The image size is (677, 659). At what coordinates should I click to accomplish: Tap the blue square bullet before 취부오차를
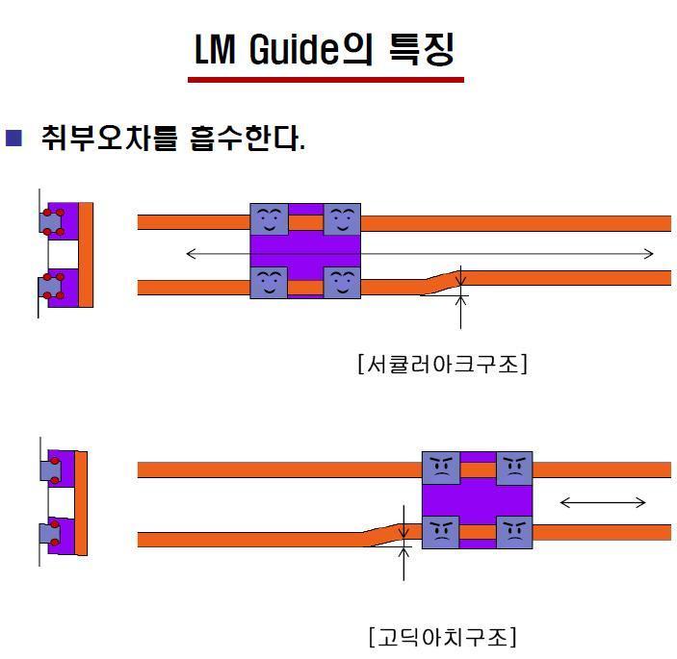13,137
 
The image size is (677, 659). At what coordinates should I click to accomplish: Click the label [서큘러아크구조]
442,364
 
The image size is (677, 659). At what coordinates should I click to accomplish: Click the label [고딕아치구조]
442,636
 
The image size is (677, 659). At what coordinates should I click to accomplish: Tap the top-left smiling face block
269,219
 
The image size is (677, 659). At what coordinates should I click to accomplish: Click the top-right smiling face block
342,219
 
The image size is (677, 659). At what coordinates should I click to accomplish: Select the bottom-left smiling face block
269,282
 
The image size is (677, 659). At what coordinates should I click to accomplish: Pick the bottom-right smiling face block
342,282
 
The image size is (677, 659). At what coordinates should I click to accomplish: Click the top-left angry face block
441,468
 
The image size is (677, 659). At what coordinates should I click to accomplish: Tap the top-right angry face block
514,468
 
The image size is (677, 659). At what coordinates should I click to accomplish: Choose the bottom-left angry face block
441,531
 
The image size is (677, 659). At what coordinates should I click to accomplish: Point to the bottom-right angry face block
514,531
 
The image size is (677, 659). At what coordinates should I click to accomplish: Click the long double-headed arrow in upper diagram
420,254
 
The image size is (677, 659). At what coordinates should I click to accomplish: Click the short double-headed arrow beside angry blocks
603,501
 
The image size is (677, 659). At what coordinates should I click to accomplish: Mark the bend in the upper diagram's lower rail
441,282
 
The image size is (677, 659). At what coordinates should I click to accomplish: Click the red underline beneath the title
325,79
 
